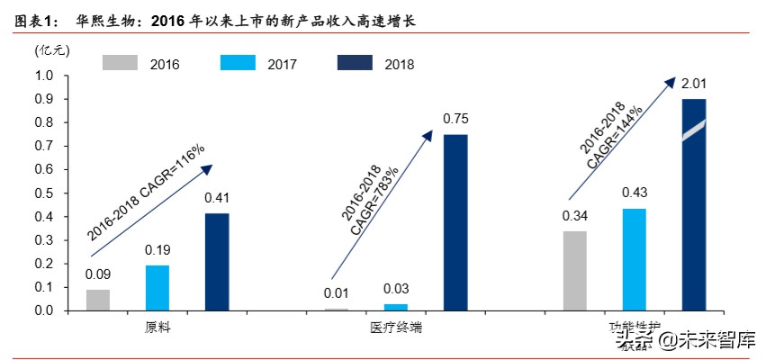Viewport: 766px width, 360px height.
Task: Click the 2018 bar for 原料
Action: [x=217, y=262]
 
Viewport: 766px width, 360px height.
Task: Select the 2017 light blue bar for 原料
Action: [x=158, y=288]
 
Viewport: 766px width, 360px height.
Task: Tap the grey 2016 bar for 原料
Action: [x=98, y=300]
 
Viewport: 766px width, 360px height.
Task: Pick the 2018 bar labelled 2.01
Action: [x=693, y=204]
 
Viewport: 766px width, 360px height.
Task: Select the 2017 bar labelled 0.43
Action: [x=634, y=259]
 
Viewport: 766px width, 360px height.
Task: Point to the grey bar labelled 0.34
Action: [x=574, y=271]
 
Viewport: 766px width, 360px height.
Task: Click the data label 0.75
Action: [x=455, y=119]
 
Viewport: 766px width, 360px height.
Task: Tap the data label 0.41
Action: [x=217, y=198]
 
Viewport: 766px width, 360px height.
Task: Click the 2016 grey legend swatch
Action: [x=120, y=63]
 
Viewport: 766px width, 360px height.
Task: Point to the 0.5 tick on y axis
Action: [x=44, y=193]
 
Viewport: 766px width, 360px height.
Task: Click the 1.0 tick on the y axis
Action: [x=44, y=76]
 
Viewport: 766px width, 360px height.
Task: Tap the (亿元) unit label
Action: [x=51, y=50]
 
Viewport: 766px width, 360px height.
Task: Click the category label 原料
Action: [x=158, y=328]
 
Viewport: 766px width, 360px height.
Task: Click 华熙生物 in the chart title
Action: [x=94, y=19]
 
